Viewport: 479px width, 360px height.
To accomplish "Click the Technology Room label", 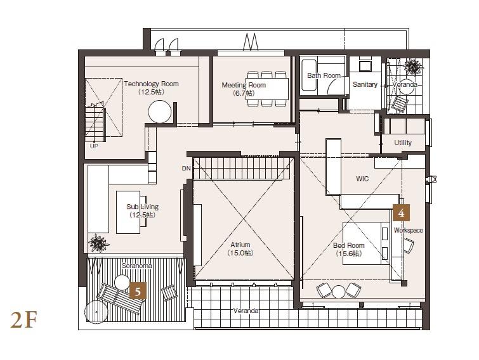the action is pos(151,84).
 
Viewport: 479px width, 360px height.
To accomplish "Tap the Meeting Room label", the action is pos(244,85).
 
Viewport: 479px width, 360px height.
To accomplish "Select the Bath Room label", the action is pos(324,75).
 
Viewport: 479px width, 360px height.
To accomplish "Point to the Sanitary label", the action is pos(365,84).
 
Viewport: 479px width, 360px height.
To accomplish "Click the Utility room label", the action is pos(403,143).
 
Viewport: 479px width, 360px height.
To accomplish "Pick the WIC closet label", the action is pos(362,179).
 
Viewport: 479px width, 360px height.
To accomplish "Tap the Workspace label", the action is pos(408,230).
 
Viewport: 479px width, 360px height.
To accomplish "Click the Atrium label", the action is pos(240,245).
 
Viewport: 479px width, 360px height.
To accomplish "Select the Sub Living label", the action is pos(142,207).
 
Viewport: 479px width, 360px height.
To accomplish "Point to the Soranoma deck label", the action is pos(136,266).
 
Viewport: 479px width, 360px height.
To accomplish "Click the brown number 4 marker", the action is pos(401,213).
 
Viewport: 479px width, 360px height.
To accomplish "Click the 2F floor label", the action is pos(24,319).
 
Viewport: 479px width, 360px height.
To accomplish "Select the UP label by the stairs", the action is pos(94,146).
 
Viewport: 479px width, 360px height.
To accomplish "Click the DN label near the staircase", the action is pos(186,169).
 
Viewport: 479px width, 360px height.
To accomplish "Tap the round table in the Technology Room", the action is pos(160,112).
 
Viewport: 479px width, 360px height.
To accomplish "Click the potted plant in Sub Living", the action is pos(98,243).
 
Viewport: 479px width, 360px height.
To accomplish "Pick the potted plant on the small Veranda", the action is pos(413,67).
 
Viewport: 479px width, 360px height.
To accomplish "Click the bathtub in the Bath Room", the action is pos(309,75).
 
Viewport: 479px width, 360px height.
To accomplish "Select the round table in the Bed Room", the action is pos(338,292).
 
